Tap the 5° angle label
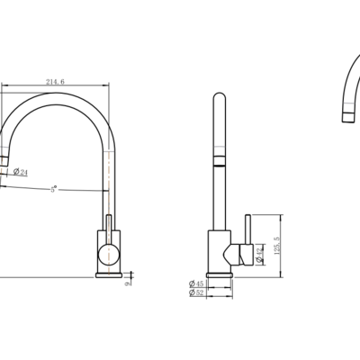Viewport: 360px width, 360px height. (x=53, y=189)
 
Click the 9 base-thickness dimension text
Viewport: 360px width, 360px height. (x=130, y=280)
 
